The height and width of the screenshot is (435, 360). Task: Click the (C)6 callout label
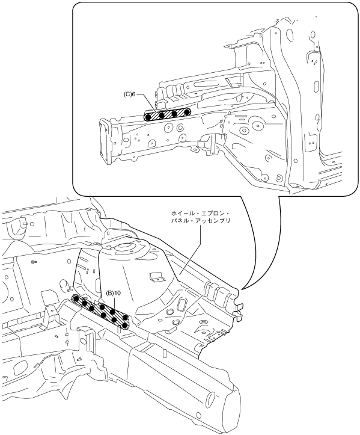pos(129,94)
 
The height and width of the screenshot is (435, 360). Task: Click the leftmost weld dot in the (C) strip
pos(148,117)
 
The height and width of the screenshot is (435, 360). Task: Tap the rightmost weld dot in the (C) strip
pos(187,111)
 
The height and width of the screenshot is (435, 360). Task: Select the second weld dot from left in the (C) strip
pos(162,115)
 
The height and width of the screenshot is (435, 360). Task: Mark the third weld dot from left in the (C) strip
pos(175,113)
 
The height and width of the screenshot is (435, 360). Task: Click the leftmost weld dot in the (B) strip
pos(76,298)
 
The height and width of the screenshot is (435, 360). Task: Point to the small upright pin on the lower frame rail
pos(164,354)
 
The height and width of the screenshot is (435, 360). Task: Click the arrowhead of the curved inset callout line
pos(243,289)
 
